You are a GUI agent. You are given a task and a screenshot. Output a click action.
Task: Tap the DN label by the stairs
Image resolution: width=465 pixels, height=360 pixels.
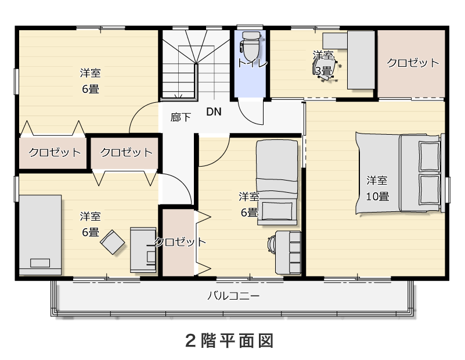(x=214, y=112)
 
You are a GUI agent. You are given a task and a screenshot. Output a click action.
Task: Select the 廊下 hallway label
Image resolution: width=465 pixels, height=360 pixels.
(x=181, y=117)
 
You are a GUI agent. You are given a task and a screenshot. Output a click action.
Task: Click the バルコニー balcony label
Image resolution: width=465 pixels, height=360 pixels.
(x=233, y=296)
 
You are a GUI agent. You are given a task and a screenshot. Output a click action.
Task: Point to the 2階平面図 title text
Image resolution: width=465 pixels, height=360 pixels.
(x=229, y=341)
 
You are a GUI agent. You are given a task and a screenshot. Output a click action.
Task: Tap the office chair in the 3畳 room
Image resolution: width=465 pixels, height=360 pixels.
(x=325, y=69)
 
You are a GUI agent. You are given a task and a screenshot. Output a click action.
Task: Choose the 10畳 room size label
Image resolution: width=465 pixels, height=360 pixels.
(x=377, y=196)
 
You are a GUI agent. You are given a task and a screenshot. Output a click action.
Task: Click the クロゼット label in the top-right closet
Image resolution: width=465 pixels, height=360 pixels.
(x=413, y=63)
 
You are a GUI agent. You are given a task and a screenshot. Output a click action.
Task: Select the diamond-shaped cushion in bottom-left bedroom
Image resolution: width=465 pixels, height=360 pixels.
(x=113, y=242)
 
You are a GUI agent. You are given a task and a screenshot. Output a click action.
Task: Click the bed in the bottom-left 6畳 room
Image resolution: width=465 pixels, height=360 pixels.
(x=40, y=235)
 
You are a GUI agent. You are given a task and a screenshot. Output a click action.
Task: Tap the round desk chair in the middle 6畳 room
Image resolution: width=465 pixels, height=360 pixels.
(x=271, y=244)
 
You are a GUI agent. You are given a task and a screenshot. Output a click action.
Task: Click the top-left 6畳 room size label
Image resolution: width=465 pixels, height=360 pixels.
(x=91, y=89)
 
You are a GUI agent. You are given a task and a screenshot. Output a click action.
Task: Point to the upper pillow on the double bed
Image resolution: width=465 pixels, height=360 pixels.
(x=429, y=156)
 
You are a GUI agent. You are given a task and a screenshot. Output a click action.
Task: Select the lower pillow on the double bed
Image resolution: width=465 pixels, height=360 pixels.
(x=429, y=189)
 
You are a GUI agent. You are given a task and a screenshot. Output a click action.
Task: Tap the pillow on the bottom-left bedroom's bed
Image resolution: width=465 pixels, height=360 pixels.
(x=40, y=263)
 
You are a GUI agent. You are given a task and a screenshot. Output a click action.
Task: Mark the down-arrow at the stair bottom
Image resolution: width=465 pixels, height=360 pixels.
(x=179, y=96)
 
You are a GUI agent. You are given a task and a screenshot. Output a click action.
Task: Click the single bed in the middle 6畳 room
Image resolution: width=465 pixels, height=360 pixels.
(x=277, y=182)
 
